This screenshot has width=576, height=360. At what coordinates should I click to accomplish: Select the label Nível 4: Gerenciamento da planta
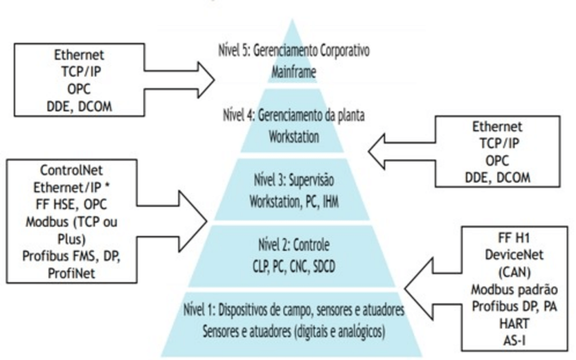pos(292,116)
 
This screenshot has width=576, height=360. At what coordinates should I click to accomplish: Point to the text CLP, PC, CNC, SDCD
pos(294,265)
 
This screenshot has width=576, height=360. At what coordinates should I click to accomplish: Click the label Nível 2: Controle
pos(294,246)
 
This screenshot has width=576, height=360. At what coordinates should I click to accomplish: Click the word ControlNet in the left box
pos(71,169)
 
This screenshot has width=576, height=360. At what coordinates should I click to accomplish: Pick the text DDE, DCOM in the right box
pos(497,178)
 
